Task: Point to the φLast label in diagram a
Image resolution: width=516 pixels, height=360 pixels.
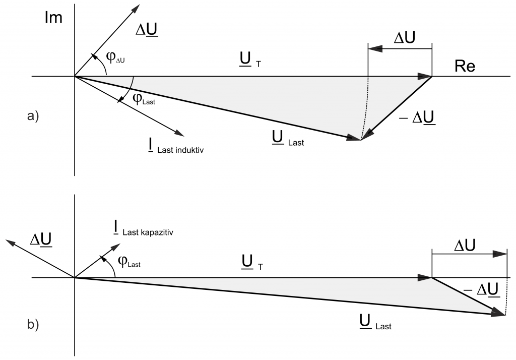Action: (x=144, y=98)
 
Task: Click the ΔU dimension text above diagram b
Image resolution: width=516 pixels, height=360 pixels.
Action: (x=468, y=246)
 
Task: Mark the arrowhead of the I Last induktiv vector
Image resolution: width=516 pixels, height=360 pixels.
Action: (x=179, y=133)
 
